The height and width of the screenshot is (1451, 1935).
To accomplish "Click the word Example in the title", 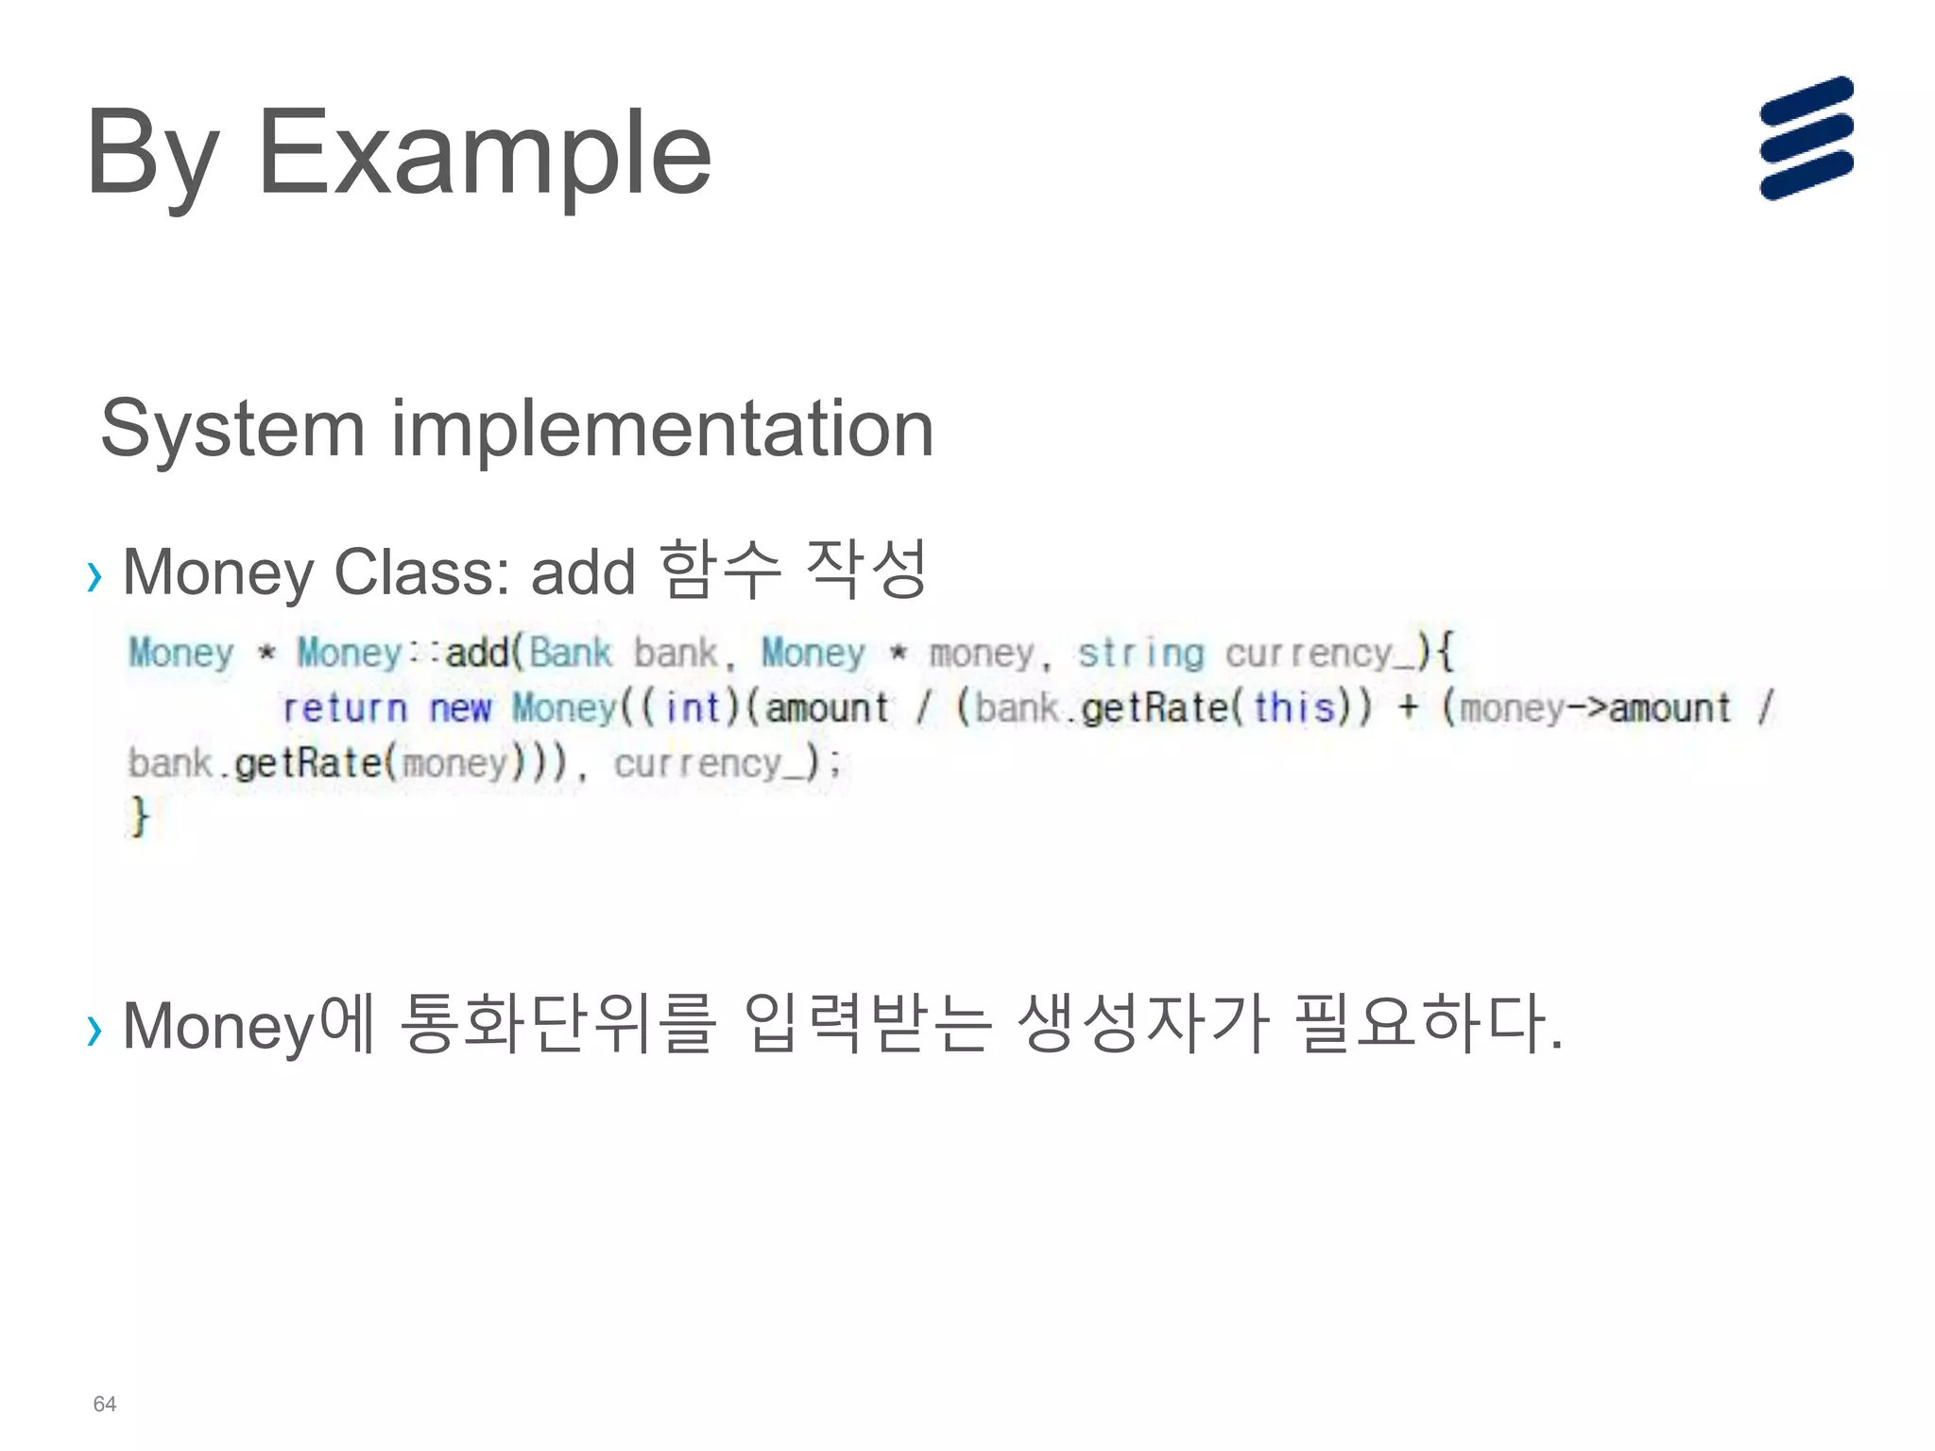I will [484, 153].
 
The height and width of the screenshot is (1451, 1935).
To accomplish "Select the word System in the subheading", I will [232, 428].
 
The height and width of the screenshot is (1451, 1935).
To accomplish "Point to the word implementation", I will [662, 428].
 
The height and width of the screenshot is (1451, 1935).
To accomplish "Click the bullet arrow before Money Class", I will [94, 575].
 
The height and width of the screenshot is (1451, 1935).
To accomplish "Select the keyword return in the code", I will [345, 708].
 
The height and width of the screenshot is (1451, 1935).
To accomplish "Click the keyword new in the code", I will [460, 708].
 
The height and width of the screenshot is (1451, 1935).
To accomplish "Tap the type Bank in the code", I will [571, 653].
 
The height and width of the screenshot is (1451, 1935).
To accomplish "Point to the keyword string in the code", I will [1140, 653].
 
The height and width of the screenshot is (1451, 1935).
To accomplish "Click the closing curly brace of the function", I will [140, 815].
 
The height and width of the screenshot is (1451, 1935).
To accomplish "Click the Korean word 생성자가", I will [1143, 1023].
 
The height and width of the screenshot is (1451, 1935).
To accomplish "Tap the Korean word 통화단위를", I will [558, 1023].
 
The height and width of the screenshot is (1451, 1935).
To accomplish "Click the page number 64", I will [104, 1404].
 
